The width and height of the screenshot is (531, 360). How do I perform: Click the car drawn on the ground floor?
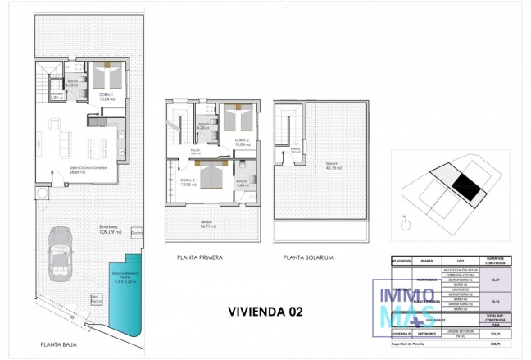pos(61,252)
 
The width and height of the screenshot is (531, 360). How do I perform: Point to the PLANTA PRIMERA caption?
pos(200,257)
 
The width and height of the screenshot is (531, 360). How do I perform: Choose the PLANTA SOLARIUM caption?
pos(308,257)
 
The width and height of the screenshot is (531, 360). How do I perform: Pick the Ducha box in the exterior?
pos(137,233)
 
